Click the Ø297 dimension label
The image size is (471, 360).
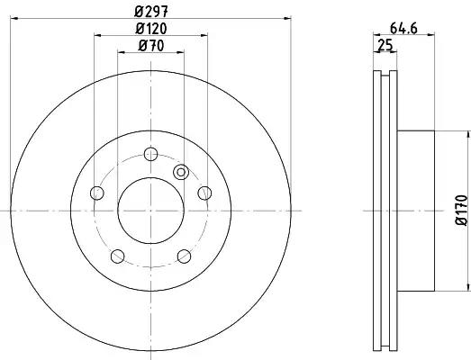point(150,11)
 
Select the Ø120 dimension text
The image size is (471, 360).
point(150,29)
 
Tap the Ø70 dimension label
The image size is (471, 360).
point(150,46)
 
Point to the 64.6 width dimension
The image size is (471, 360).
point(403,29)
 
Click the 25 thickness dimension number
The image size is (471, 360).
point(385,45)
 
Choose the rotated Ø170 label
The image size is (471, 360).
point(462,210)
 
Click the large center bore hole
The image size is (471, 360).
point(150,211)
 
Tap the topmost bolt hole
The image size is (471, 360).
point(150,154)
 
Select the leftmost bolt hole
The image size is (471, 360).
point(96,193)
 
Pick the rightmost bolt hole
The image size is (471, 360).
point(204,193)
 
